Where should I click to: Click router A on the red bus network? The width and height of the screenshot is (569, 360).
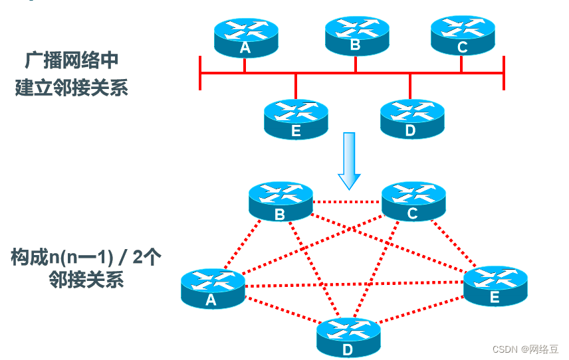246,37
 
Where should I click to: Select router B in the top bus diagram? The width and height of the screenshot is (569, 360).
356,36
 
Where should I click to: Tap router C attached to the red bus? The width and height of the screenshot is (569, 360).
462,36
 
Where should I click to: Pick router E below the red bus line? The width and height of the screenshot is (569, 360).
296,119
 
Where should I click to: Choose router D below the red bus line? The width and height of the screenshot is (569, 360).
411,119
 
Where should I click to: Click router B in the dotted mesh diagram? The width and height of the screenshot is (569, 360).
280,202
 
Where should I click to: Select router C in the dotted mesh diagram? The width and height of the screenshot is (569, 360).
413,202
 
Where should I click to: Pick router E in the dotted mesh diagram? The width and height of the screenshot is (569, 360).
495,286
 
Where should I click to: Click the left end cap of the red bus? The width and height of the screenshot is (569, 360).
200,72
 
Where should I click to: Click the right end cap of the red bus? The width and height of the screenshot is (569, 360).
503,72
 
